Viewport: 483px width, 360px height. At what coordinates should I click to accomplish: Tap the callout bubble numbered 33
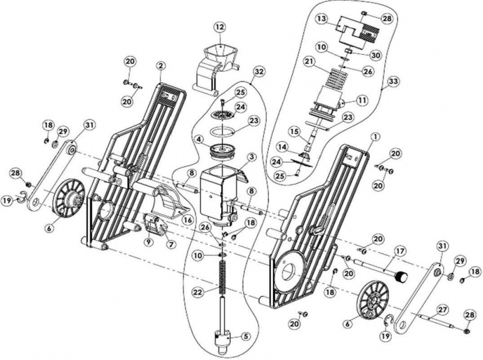[393, 82]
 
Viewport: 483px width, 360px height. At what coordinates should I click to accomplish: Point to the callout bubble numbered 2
[160, 65]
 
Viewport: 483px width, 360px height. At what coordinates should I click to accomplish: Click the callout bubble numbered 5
[245, 337]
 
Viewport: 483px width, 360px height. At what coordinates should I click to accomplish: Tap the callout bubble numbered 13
[321, 18]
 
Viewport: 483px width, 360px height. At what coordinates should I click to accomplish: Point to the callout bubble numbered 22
[198, 291]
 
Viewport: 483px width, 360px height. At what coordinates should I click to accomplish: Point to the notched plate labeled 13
[358, 33]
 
